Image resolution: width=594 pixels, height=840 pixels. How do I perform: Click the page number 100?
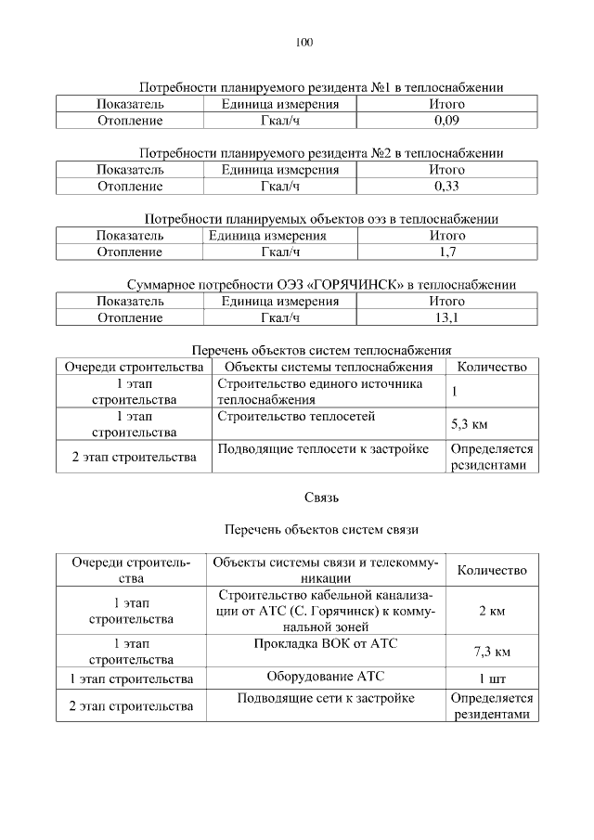[x=304, y=42]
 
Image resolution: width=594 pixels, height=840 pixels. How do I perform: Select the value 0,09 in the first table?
[x=446, y=121]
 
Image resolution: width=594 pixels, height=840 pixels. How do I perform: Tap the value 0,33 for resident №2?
[x=446, y=187]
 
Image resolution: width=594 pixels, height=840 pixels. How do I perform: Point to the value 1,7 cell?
[x=446, y=252]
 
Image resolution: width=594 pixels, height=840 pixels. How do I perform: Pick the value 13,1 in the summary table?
[x=446, y=318]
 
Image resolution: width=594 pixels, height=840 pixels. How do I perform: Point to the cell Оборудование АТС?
[x=325, y=677]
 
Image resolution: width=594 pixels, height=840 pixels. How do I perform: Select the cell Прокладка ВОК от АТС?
[x=325, y=643]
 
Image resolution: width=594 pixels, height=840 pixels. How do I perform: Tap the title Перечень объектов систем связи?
[x=322, y=530]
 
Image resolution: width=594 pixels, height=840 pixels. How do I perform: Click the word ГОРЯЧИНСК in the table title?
[x=362, y=285]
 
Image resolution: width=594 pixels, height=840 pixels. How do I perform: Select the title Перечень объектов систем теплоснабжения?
[x=321, y=351]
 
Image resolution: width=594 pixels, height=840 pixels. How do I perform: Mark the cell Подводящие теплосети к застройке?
[x=322, y=450]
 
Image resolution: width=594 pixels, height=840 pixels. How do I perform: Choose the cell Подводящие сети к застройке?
[x=325, y=698]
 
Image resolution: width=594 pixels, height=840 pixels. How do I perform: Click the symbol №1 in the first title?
[x=381, y=87]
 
